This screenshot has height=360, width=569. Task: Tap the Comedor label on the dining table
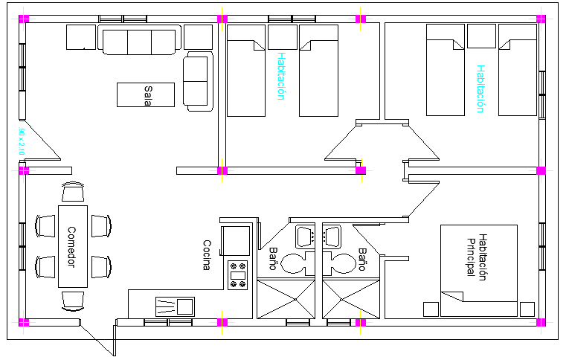coord(71,246)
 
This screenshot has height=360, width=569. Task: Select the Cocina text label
coord(208,255)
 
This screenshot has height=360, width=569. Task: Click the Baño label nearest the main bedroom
coord(362,259)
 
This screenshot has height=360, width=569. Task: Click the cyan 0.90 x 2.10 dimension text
coord(21,141)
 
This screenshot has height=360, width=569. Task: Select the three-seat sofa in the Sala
coord(140,41)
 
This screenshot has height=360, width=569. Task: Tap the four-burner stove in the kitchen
coord(238,274)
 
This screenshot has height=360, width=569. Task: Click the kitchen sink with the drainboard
coord(175,306)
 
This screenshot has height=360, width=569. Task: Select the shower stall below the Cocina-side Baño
coord(287,299)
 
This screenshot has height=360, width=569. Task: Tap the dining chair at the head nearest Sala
coord(73,192)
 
